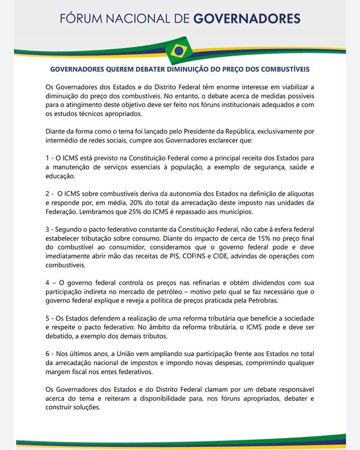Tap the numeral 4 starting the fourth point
pyautogui.click(x=47, y=283)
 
